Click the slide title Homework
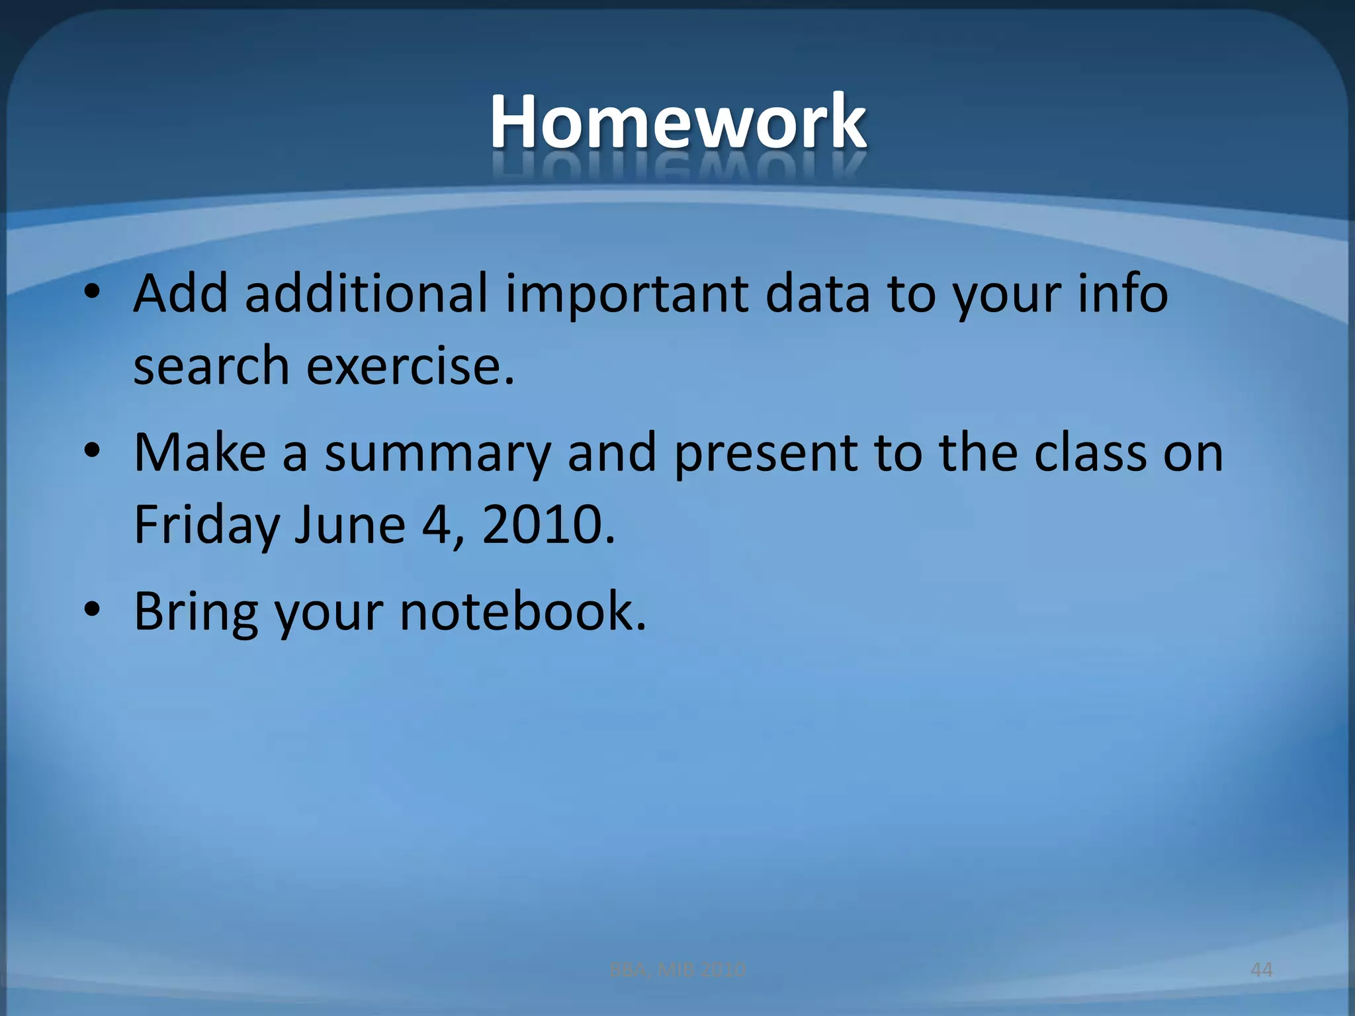pos(677,122)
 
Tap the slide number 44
pos(1261,970)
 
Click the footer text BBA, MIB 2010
pos(677,970)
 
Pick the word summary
pos(437,454)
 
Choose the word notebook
pos(522,611)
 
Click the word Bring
pos(196,613)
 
